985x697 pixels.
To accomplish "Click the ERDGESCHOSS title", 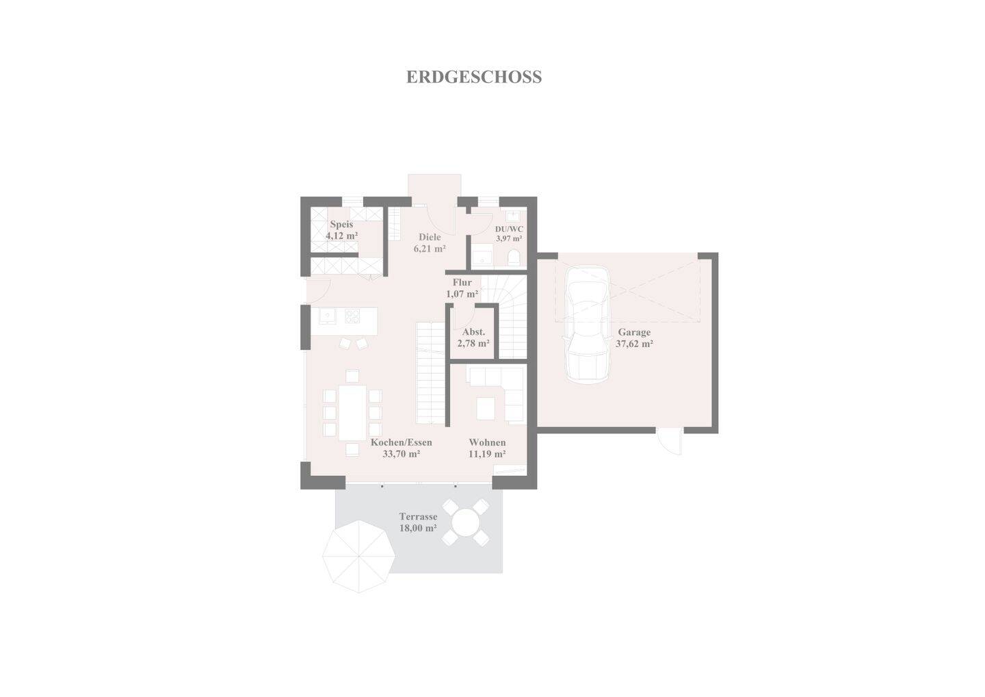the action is tap(473, 77).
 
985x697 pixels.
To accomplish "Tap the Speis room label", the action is tap(342, 225).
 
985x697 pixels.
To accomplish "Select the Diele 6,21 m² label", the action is tap(430, 243).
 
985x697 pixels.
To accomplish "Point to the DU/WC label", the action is tap(509, 229).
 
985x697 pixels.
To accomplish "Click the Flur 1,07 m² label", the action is tap(462, 288).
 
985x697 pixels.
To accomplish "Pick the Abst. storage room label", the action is tap(473, 332).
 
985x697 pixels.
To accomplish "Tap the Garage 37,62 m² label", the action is tap(634, 338).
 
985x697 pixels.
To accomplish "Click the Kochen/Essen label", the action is tap(402, 442).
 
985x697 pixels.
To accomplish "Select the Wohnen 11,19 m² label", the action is tap(487, 448).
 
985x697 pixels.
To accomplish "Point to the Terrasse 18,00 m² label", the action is tap(418, 522).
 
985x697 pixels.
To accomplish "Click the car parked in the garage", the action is tap(587, 325).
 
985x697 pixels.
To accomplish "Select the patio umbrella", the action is tap(359, 557).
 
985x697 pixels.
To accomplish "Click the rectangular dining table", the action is tap(352, 413).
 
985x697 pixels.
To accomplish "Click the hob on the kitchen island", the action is tap(352, 316).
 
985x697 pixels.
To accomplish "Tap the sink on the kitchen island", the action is tap(328, 316).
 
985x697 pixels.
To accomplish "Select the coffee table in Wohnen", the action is tap(486, 408).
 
